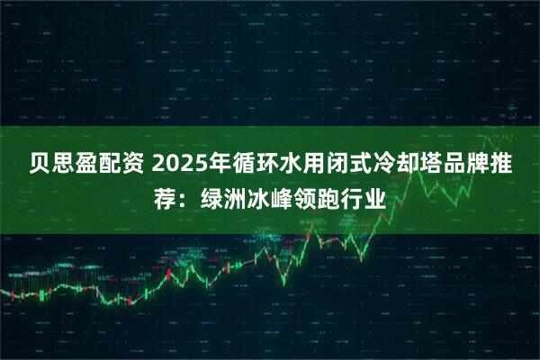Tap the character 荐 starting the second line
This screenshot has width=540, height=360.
[165, 197]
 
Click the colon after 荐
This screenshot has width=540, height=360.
[186, 199]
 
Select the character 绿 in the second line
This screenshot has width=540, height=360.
[217, 197]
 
